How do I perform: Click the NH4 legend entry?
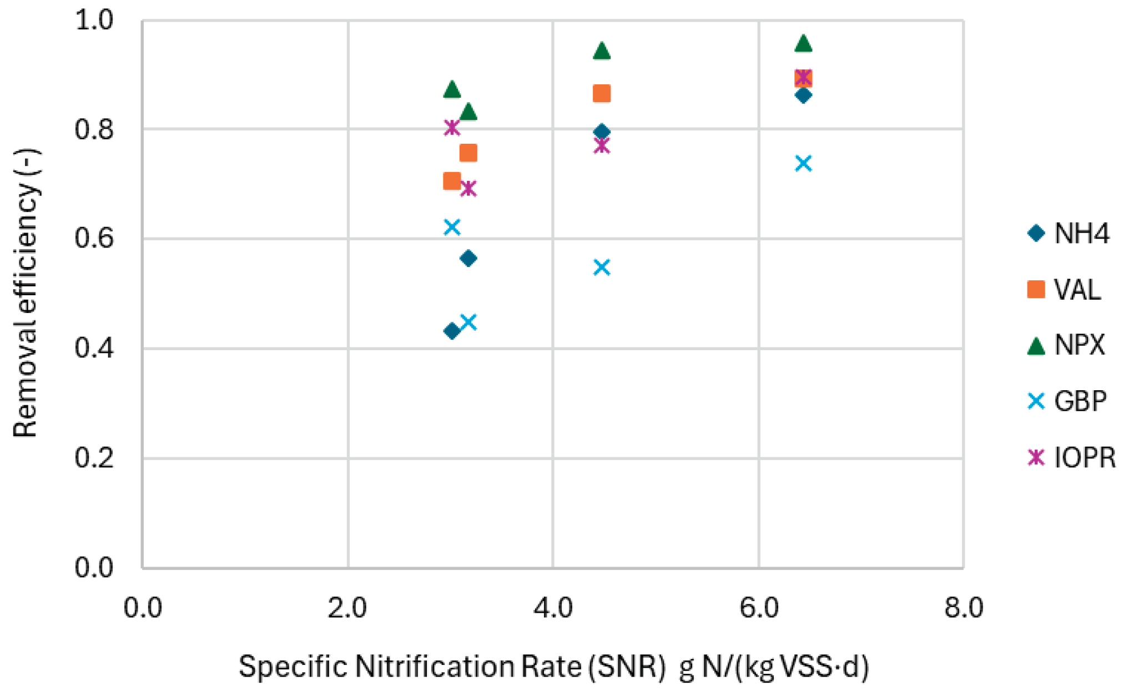pyautogui.click(x=1068, y=233)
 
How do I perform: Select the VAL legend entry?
pyautogui.click(x=1064, y=289)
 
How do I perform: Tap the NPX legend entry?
pyautogui.click(x=1066, y=345)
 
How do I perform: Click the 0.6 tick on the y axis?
pyautogui.click(x=94, y=238)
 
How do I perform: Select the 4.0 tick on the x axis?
pyautogui.click(x=553, y=608)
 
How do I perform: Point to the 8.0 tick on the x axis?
pyautogui.click(x=964, y=608)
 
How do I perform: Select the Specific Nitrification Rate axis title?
pyautogui.click(x=553, y=667)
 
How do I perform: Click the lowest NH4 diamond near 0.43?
pyautogui.click(x=452, y=331)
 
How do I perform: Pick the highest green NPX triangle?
pyautogui.click(x=803, y=43)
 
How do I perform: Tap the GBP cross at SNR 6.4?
pyautogui.click(x=803, y=163)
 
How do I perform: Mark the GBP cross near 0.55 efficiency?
pyautogui.click(x=602, y=268)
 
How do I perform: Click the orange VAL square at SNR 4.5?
pyautogui.click(x=602, y=93)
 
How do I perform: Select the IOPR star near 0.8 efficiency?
pyautogui.click(x=452, y=128)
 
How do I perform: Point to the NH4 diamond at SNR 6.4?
pyautogui.click(x=803, y=95)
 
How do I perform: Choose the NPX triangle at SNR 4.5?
pyautogui.click(x=602, y=51)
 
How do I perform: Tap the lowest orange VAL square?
pyautogui.click(x=452, y=181)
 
